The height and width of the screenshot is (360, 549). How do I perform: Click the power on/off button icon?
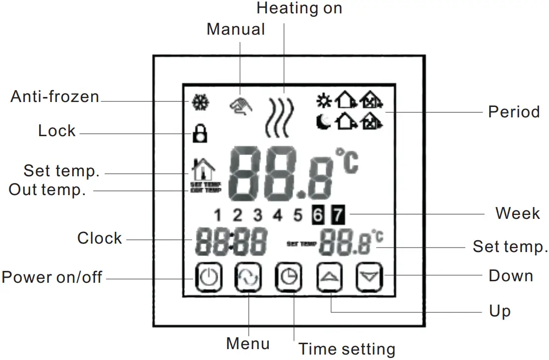[x=208, y=277]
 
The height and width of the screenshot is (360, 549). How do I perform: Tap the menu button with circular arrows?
[x=248, y=277]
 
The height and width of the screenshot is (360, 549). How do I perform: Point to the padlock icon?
[x=200, y=134]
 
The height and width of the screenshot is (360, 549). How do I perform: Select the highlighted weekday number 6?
[x=318, y=216]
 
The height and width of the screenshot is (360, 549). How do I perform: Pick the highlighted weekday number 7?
[x=337, y=216]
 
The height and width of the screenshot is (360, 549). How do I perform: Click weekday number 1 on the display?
[x=218, y=216]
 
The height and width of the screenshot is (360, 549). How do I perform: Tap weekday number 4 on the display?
[x=278, y=216]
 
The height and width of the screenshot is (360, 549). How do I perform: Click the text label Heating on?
[x=299, y=8]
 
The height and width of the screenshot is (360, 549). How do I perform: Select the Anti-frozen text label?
[x=55, y=96]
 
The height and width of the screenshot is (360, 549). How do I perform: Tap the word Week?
[x=517, y=213]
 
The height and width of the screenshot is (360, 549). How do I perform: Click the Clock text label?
[x=100, y=238]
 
